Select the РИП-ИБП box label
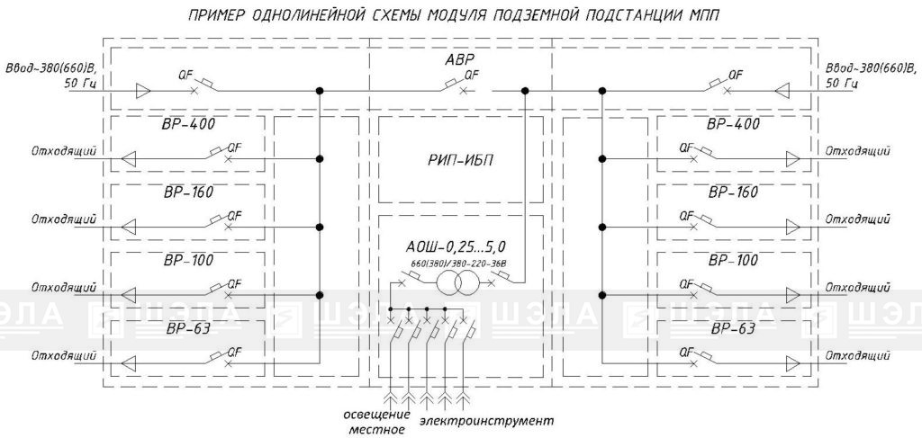coord(460,160)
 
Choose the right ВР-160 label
coord(733,192)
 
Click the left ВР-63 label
coord(188,327)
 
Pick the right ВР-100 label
coord(733,260)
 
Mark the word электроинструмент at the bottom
coord(487,421)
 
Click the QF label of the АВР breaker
coord(471,76)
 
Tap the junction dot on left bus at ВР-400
coord(320,158)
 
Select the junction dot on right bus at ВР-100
coord(602,295)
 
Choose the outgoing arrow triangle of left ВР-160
coord(128,227)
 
